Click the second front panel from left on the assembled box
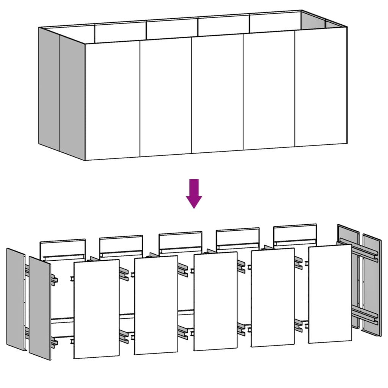[x=166, y=97]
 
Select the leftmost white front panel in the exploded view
[x=96, y=309]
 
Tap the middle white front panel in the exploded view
[x=215, y=302]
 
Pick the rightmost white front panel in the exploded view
[x=330, y=294]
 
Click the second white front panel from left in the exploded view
[x=156, y=305]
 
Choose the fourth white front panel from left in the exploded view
[x=273, y=297]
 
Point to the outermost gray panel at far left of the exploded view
[x=16, y=299]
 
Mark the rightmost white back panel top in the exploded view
[x=295, y=233]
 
